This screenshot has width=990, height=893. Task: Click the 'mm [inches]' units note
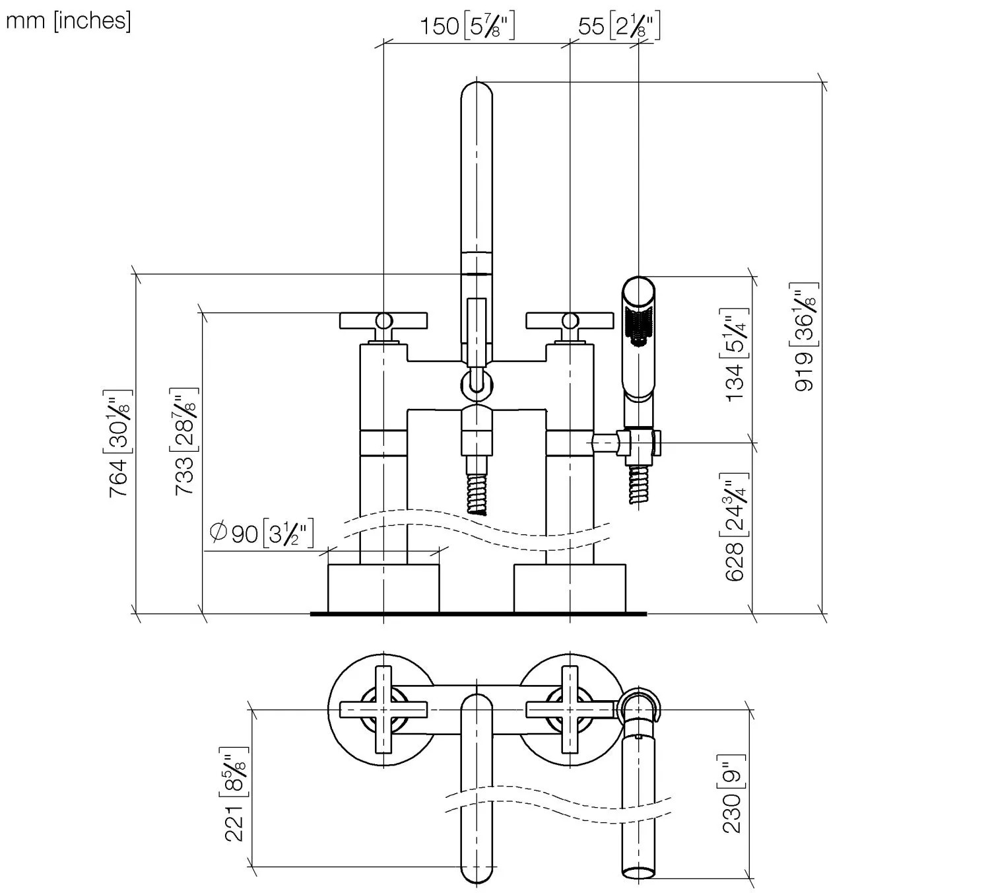[68, 21]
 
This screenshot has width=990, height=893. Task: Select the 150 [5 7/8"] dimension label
[467, 26]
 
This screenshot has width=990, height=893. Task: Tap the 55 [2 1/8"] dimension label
[618, 26]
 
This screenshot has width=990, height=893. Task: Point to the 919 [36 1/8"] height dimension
[805, 337]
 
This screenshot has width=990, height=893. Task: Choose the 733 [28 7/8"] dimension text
[184, 441]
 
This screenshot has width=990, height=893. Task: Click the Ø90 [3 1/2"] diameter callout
[261, 532]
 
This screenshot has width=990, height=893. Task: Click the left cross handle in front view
[383, 321]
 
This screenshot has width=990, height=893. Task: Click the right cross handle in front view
[570, 321]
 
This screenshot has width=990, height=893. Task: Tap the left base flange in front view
[383, 588]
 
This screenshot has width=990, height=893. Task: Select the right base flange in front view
[570, 588]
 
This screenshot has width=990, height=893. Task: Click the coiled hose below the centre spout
[477, 492]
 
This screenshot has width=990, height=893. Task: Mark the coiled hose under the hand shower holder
[638, 484]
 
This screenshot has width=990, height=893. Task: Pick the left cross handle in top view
[383, 709]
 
